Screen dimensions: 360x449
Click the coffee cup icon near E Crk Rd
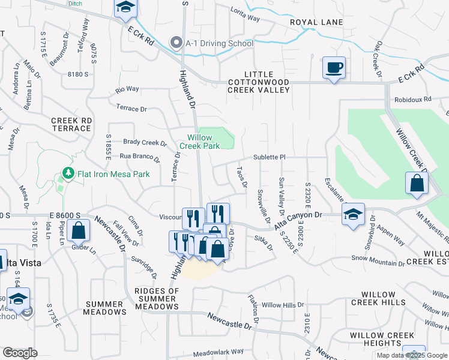click(334, 67)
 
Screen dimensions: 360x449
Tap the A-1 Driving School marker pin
click(176, 43)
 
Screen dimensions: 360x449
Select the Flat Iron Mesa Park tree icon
click(68, 174)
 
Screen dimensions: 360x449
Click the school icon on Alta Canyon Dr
click(353, 214)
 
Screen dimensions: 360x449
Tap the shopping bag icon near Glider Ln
click(78, 230)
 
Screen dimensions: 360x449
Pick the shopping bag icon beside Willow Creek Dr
click(417, 183)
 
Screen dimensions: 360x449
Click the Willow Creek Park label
click(199, 142)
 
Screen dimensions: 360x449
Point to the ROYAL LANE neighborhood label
click(316, 23)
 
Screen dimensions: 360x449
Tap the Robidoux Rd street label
click(412, 100)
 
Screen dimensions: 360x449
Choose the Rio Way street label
click(127, 89)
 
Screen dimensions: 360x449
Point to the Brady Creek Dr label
click(145, 143)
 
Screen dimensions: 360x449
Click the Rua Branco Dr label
click(139, 157)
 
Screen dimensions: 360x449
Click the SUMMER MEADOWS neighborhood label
click(106, 308)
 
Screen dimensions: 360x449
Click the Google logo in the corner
click(20, 353)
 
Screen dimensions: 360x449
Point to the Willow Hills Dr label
click(283, 305)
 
